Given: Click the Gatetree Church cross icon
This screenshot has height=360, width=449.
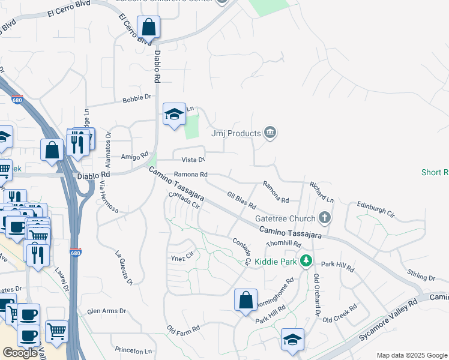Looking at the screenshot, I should (325, 218).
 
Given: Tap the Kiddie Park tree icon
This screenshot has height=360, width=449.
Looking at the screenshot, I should (306, 261).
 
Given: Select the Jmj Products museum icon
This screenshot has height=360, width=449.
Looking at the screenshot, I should (270, 133).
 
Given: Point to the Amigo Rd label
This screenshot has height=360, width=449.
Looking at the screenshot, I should (135, 157).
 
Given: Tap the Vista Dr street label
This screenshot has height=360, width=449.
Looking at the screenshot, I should (193, 160).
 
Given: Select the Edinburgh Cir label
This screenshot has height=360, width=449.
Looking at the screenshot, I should (376, 209).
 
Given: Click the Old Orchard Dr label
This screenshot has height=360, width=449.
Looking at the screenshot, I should (316, 296).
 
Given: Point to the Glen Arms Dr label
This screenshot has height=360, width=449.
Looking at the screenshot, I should (106, 311).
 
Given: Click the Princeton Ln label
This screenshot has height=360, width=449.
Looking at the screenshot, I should (133, 350).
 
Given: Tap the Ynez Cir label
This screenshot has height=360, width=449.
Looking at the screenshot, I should (182, 255).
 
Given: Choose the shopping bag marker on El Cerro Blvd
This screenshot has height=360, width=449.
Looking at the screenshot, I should (148, 28).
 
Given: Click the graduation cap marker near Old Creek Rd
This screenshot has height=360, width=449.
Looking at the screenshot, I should (292, 340).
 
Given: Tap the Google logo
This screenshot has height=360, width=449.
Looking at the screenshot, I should (20, 353).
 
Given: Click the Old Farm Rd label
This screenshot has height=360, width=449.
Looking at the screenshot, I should (183, 329).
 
